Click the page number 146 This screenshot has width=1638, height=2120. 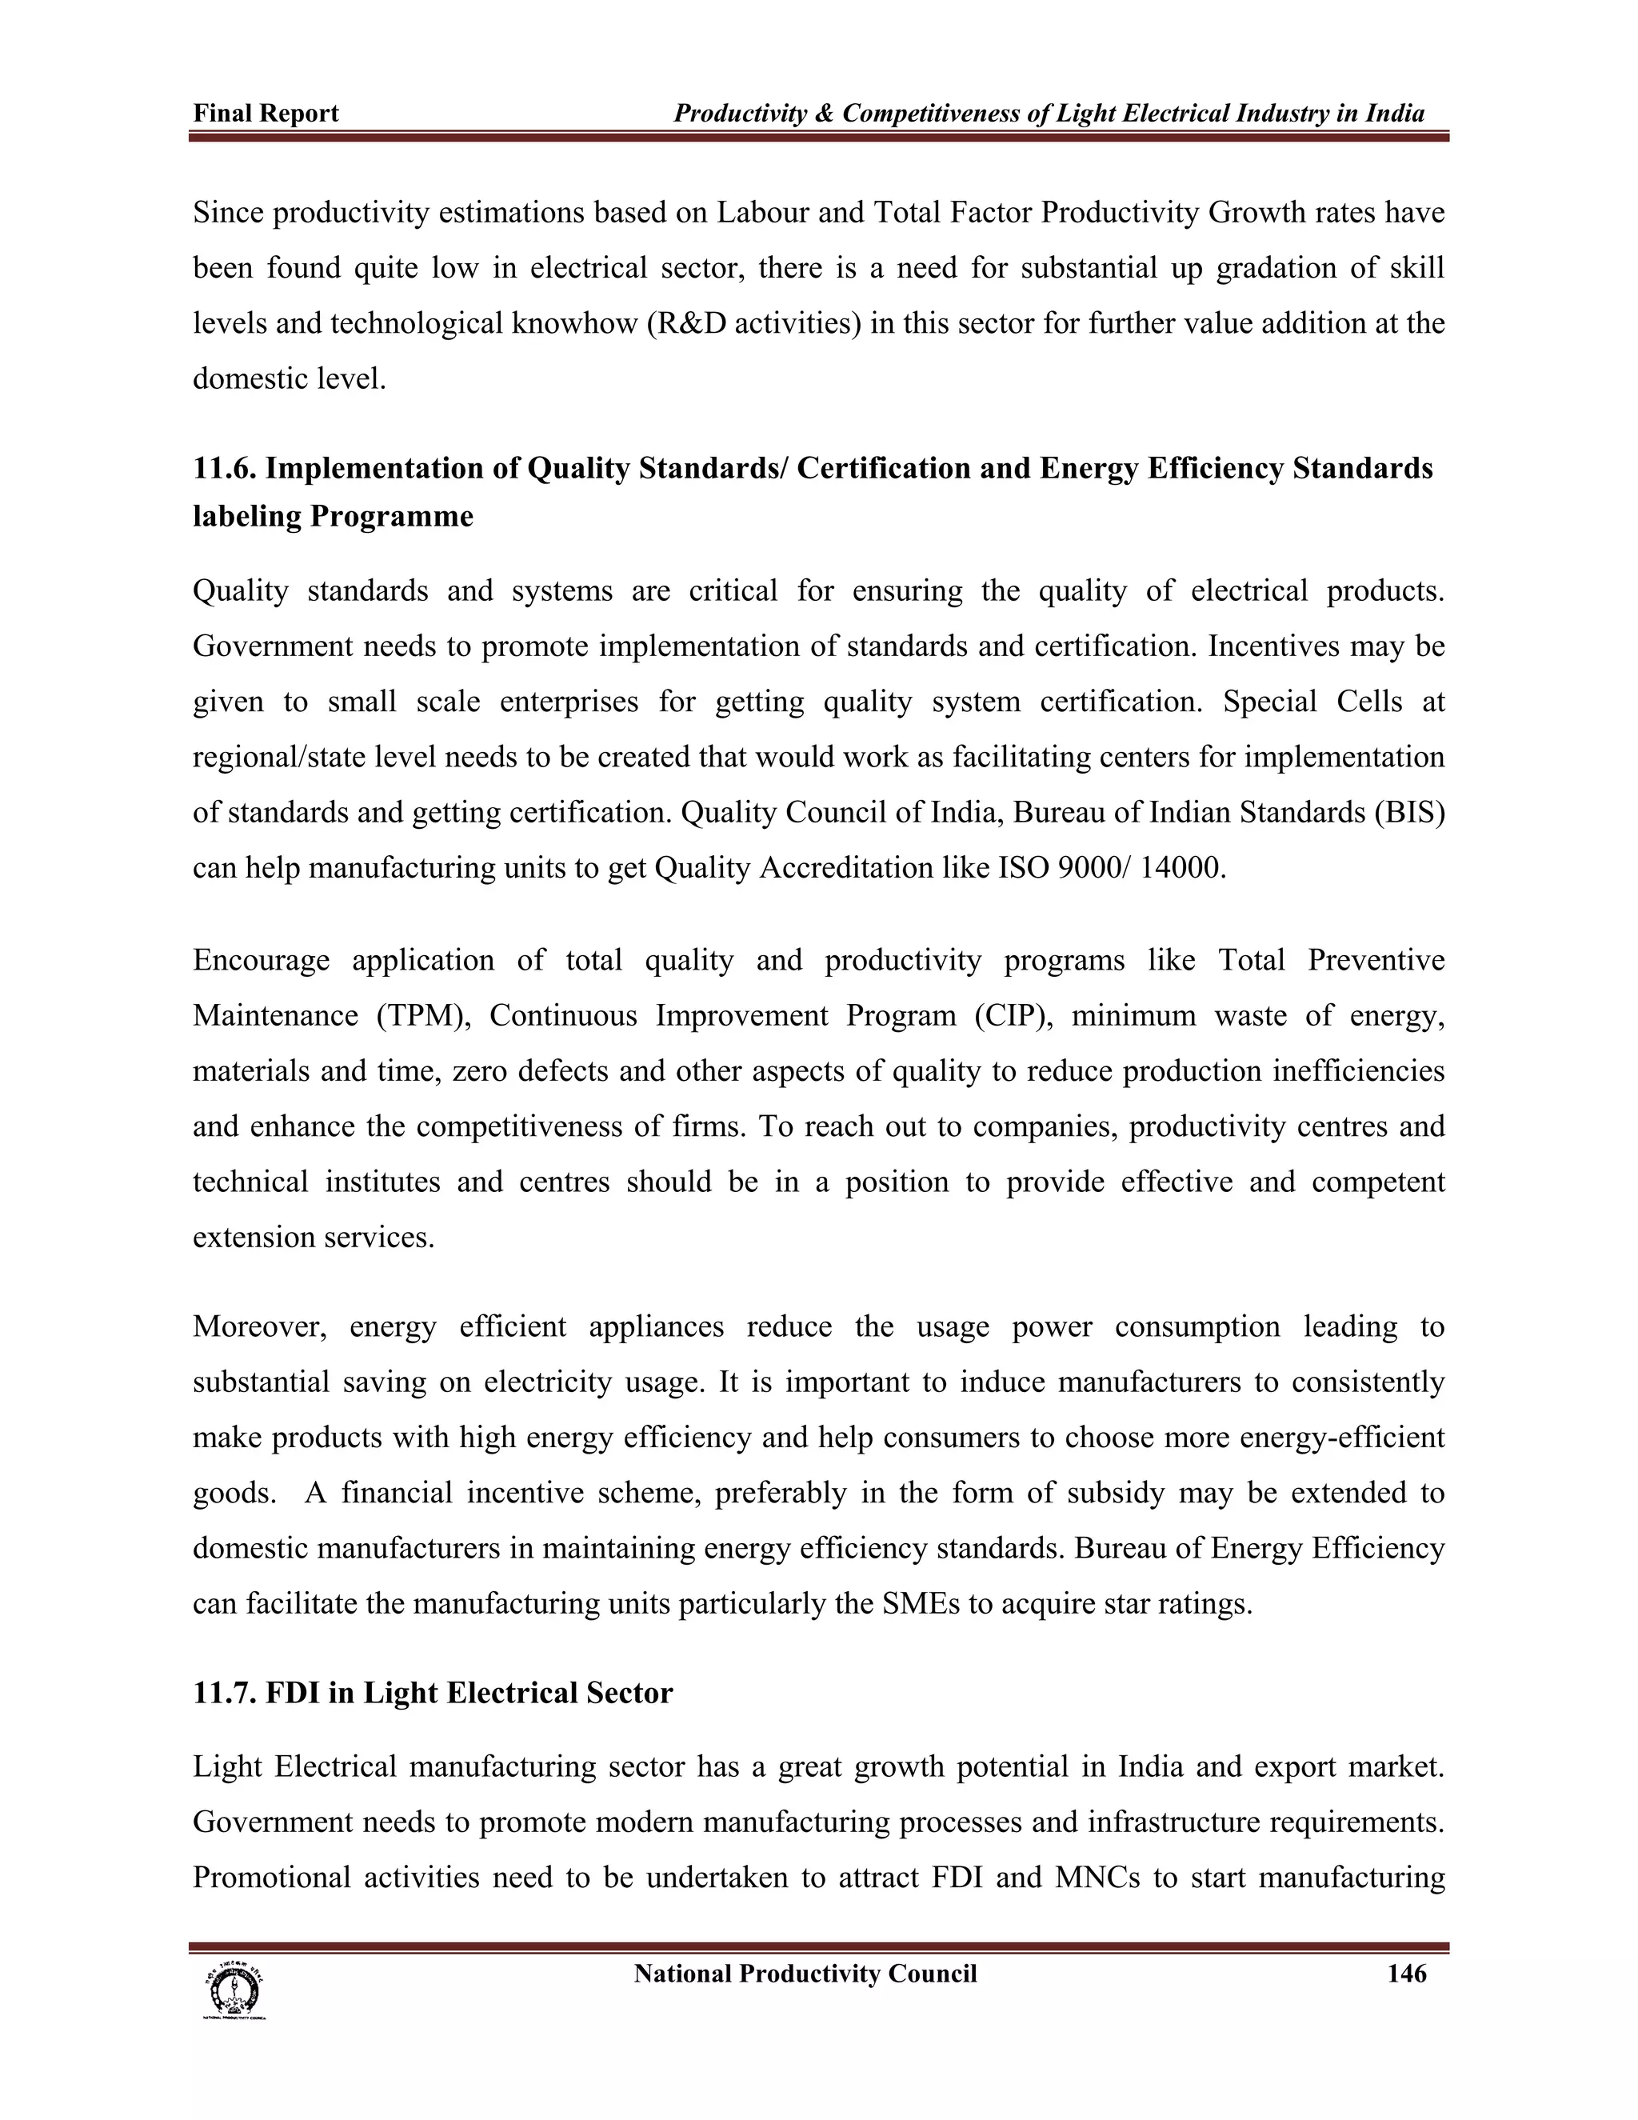(x=1406, y=1974)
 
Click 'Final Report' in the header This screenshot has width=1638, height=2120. (x=266, y=114)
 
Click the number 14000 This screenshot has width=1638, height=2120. (x=1182, y=867)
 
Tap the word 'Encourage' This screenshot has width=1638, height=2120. (x=261, y=960)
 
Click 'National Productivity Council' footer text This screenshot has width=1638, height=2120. (x=805, y=1974)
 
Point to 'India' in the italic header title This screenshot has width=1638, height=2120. (x=1396, y=114)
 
